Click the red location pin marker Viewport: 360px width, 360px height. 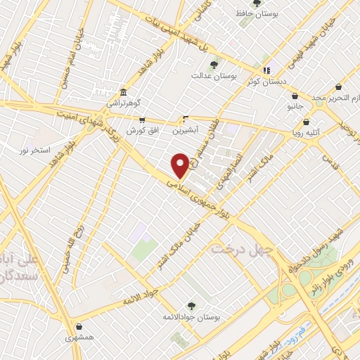(181, 165)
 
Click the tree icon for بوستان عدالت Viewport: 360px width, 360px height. (214, 65)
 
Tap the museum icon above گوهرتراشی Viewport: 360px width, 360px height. (124, 92)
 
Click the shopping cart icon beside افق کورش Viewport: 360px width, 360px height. (143, 120)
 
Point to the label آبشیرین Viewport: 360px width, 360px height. (186, 130)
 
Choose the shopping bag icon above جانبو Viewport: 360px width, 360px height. (295, 96)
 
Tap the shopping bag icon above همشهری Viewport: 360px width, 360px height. (82, 326)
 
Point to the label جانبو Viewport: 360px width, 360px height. (295, 107)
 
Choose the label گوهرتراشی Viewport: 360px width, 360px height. (124, 103)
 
